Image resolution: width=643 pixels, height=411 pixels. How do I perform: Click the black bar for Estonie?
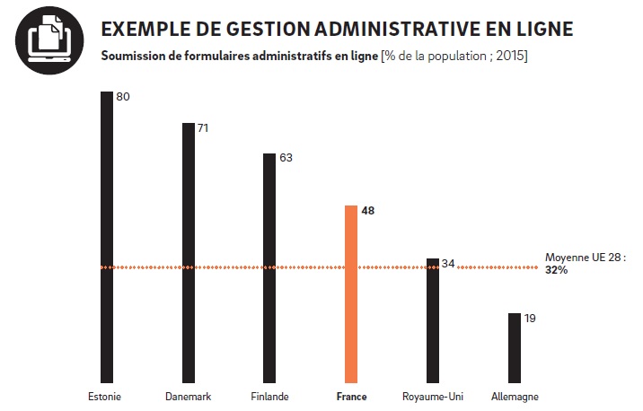(107, 237)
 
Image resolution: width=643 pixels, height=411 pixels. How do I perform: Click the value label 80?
(124, 96)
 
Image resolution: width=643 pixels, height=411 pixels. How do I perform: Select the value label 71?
(203, 128)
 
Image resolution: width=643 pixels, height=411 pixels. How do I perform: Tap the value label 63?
(286, 158)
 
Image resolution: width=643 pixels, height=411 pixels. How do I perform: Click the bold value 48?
(367, 211)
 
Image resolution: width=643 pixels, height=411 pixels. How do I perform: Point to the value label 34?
(448, 264)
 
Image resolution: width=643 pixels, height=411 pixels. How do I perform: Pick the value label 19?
(530, 318)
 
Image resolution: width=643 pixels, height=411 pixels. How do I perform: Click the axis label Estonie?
(105, 397)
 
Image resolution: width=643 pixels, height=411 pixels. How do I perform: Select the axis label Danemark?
(189, 397)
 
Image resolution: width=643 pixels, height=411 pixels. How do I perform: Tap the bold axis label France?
(351, 397)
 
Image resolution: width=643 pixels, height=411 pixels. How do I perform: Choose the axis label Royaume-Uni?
(433, 397)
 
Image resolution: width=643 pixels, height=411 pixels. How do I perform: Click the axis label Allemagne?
(515, 397)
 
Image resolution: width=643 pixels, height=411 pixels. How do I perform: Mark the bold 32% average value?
(556, 269)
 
